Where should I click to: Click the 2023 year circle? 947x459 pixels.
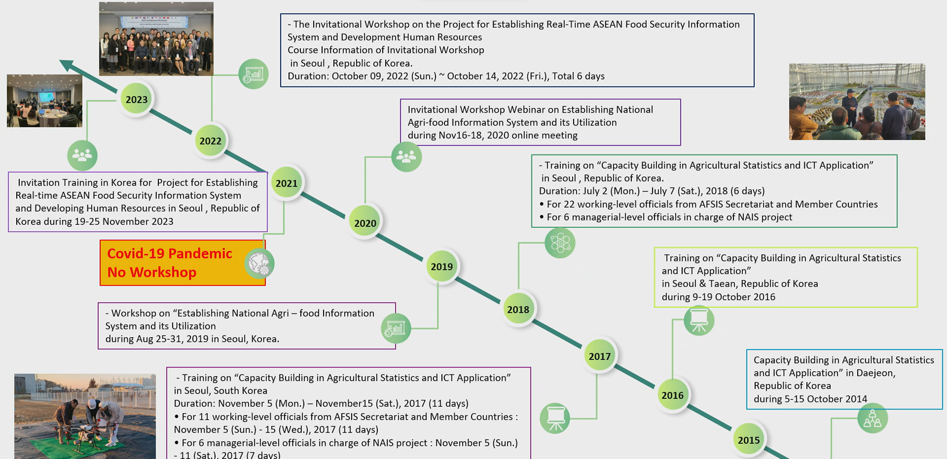click(137, 100)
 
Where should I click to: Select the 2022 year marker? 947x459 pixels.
click(211, 141)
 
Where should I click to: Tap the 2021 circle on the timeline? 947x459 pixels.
click(287, 183)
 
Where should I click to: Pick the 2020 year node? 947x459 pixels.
click(365, 223)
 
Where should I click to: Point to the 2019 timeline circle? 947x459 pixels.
click(441, 267)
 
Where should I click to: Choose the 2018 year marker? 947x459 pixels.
click(518, 310)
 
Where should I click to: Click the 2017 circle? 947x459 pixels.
click(599, 356)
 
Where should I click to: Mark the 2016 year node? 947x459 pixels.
click(672, 395)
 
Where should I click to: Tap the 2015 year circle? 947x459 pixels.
click(748, 440)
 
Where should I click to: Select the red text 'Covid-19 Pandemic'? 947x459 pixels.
click(170, 253)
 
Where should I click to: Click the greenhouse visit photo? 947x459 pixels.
click(857, 102)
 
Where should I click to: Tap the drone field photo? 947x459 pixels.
click(85, 417)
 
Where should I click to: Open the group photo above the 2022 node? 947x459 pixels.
click(156, 39)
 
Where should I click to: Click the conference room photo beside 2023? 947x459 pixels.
click(44, 101)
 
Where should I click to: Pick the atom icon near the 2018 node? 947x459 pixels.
click(560, 243)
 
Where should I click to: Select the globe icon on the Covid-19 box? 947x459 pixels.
click(259, 263)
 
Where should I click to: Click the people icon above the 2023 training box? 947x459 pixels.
click(82, 155)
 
